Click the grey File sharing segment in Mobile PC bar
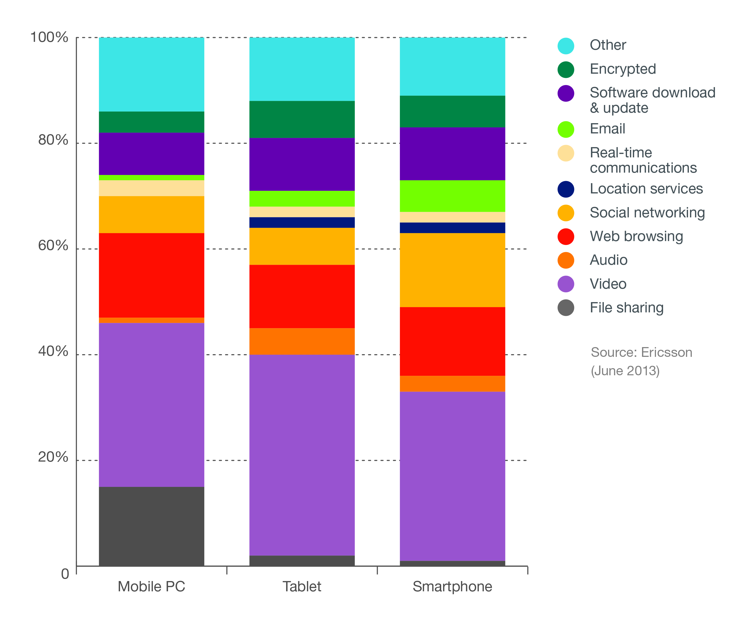[151, 526]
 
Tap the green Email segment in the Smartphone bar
[452, 196]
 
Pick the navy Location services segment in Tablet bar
[302, 222]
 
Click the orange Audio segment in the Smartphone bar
[452, 383]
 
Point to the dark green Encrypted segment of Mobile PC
[151, 122]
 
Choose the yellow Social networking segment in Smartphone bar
[452, 270]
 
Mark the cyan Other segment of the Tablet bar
[302, 69]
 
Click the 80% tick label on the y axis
[53, 140]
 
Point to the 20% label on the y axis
[53, 457]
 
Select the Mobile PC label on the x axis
[151, 587]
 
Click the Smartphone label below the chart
[452, 587]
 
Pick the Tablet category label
[302, 587]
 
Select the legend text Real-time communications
[643, 160]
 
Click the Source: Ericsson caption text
[641, 352]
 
